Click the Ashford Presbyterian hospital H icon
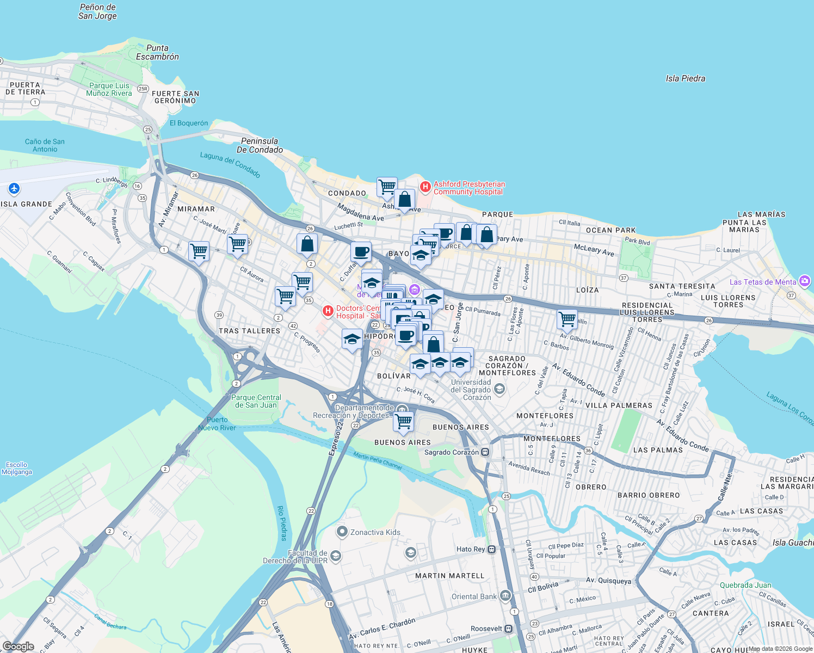(425, 187)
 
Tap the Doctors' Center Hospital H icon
(328, 311)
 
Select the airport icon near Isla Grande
(14, 189)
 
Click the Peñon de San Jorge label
(97, 11)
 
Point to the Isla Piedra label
(685, 78)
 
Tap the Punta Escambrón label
(157, 52)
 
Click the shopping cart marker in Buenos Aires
(403, 421)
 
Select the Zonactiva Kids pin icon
(342, 532)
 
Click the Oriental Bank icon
(505, 596)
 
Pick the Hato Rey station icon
(492, 549)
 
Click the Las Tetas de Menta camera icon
(805, 281)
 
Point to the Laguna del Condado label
(230, 164)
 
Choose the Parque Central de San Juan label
(256, 401)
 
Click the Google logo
(18, 646)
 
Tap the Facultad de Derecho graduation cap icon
(336, 556)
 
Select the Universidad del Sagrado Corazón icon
(499, 389)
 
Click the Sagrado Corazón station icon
(485, 452)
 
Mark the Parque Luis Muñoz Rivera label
(109, 89)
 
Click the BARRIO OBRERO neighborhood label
(649, 495)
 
